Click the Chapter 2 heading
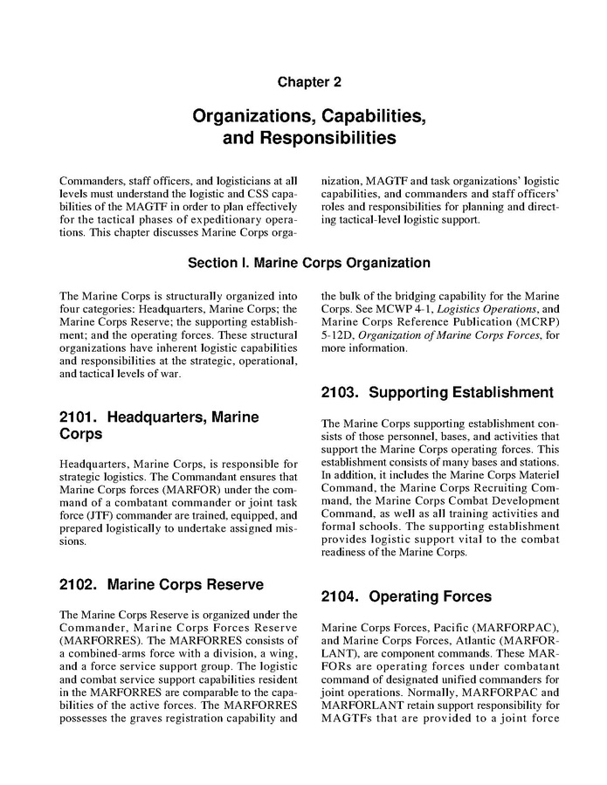click(303, 82)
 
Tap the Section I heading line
click(309, 263)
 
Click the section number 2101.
click(78, 417)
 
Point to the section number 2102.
click(78, 584)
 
